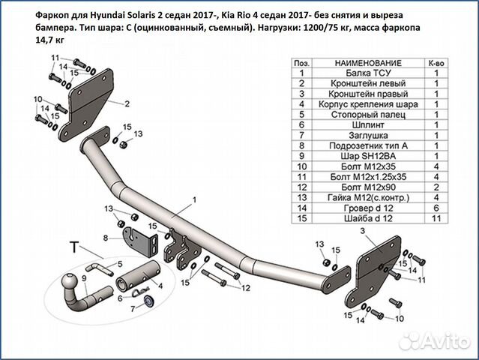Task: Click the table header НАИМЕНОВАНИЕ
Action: pos(368,63)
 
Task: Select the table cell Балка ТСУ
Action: pos(368,73)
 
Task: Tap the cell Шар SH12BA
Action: pos(368,155)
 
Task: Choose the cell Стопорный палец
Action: pos(368,115)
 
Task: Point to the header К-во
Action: pos(436,63)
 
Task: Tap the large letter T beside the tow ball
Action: pos(74,246)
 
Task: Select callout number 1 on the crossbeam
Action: pos(193,199)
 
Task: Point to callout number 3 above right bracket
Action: pos(363,233)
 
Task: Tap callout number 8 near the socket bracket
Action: pos(106,238)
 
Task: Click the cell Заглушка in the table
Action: pos(368,135)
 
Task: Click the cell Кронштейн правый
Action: pos(368,94)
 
